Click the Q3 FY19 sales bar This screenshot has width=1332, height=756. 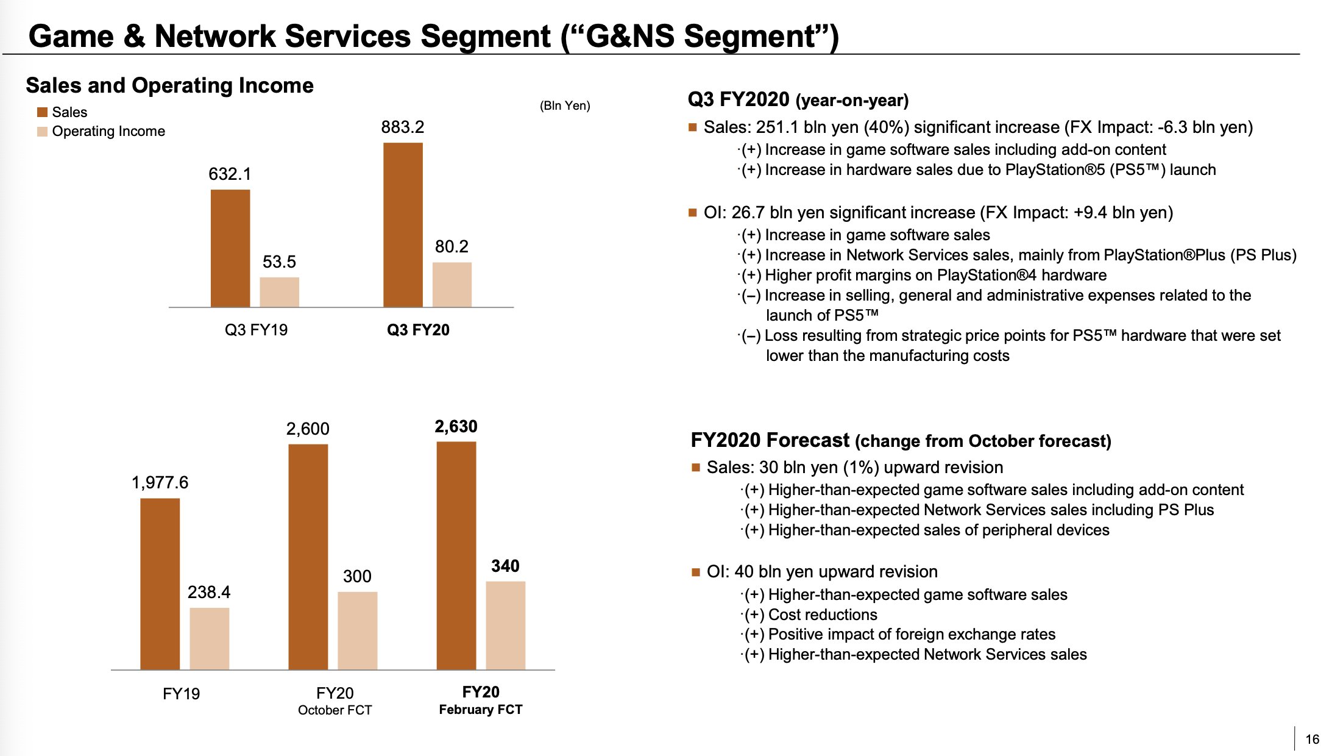[230, 248]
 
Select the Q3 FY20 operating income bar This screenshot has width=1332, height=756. [452, 285]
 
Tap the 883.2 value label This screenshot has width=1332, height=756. [402, 127]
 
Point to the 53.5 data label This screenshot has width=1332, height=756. [279, 262]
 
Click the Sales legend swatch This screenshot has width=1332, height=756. [42, 112]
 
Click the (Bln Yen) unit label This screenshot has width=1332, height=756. [565, 105]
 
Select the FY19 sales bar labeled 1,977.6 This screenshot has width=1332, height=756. [160, 583]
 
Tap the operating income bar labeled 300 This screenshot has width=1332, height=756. [357, 630]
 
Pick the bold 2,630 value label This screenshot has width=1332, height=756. [456, 426]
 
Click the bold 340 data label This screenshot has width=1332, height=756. [505, 566]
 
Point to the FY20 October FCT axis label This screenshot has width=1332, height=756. [335, 701]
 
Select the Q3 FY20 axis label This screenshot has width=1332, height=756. [418, 330]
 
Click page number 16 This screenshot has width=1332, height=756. [1312, 739]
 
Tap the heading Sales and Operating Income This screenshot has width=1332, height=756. [169, 85]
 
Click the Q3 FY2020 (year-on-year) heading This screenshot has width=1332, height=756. [798, 99]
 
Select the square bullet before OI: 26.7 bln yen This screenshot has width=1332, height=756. [692, 213]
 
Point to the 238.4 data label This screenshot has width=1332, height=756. [209, 592]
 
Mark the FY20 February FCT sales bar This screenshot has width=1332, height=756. [456, 555]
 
